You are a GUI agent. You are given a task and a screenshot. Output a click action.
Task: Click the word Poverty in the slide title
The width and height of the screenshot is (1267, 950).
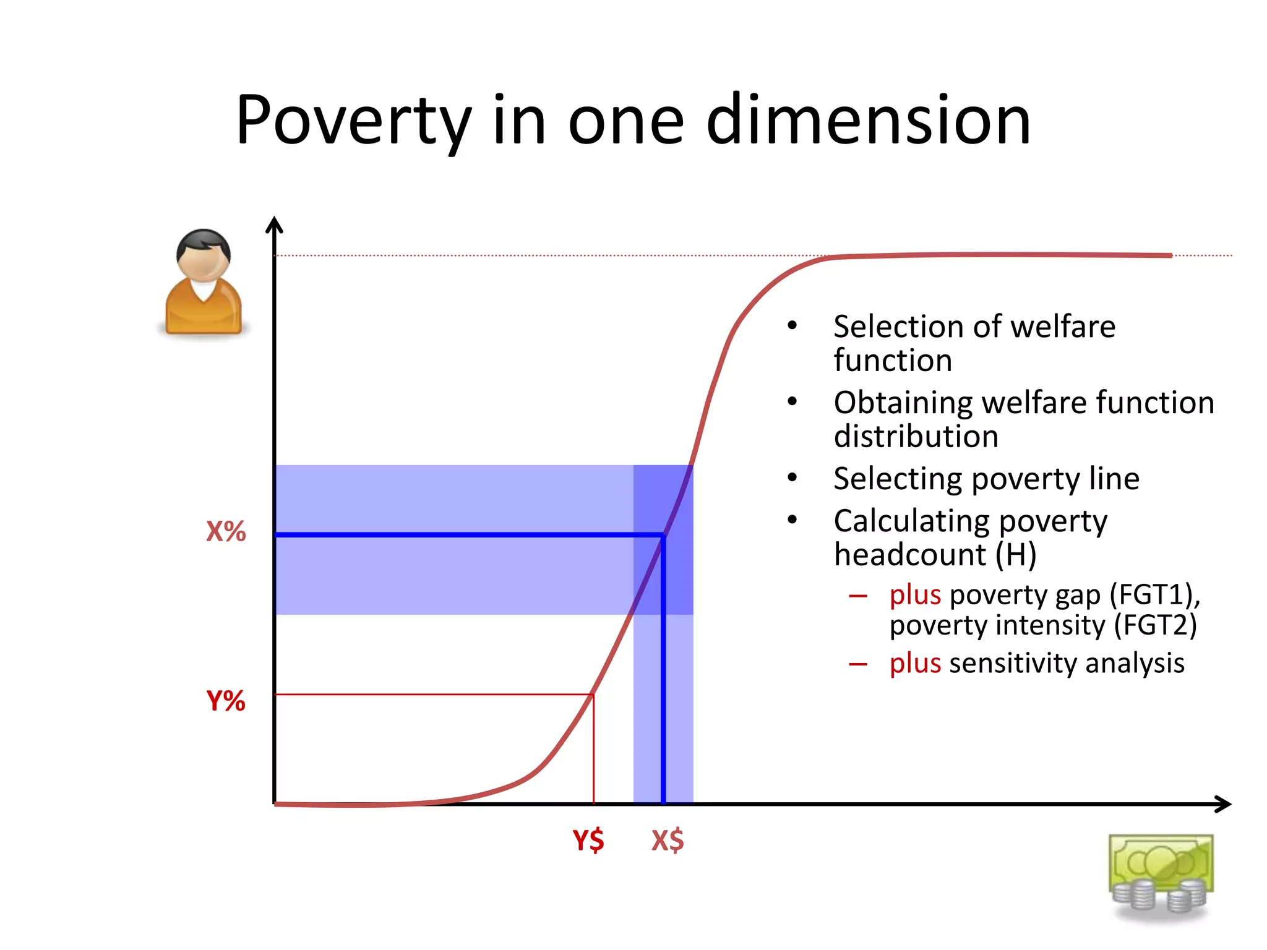(x=353, y=121)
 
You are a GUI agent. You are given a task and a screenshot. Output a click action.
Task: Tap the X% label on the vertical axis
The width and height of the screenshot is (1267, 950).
(x=226, y=532)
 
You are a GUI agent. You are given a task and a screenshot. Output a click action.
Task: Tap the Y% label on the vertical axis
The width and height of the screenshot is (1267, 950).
(x=226, y=701)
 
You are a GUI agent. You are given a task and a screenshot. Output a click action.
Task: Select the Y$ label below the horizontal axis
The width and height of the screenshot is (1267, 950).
(x=588, y=840)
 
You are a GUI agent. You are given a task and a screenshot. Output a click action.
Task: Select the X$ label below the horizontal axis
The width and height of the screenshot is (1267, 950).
(x=668, y=840)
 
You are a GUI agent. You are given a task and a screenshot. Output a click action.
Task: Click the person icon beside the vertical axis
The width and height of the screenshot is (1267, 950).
(x=203, y=283)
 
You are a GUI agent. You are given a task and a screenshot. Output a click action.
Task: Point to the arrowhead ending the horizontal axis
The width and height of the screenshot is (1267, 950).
(x=1224, y=804)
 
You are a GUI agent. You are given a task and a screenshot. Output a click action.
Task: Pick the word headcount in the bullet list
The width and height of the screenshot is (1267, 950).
(x=909, y=554)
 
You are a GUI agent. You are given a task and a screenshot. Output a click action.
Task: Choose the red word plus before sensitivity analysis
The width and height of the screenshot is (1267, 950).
(x=915, y=663)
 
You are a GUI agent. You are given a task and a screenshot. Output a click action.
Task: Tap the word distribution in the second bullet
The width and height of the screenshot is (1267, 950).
(x=916, y=437)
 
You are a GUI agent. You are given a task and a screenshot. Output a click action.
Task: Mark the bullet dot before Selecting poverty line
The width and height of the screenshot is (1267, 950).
(x=792, y=478)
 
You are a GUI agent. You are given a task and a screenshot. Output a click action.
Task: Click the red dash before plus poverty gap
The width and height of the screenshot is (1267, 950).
(x=858, y=596)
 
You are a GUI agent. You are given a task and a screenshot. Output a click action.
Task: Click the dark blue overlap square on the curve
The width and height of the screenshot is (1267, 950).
(x=663, y=539)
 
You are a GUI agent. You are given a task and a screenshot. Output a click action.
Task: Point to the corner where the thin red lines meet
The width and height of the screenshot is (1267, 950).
(x=593, y=695)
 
